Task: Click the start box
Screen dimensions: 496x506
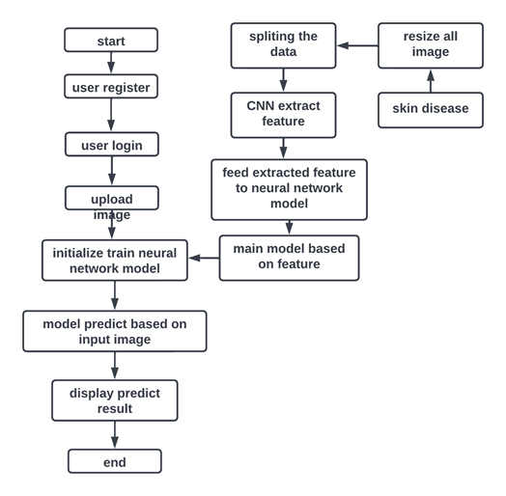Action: tap(111, 41)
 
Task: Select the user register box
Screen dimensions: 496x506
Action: tap(111, 87)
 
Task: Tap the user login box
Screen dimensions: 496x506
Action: tap(111, 145)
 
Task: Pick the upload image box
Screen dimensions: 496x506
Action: tap(111, 199)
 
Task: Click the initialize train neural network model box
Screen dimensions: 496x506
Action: tap(115, 261)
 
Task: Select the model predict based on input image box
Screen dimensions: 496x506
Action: tap(115, 331)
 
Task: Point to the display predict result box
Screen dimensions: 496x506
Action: tap(115, 400)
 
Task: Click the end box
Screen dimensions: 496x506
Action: tap(115, 462)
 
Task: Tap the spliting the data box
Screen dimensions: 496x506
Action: tap(283, 45)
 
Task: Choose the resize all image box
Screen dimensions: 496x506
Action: tap(430, 45)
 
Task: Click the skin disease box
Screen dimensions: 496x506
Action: tap(430, 108)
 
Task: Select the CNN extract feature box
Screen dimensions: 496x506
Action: tap(283, 115)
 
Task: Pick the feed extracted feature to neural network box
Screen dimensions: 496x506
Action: tap(289, 189)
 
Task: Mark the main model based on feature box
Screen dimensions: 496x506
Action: tap(289, 258)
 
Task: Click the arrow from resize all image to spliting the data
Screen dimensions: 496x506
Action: tap(357, 45)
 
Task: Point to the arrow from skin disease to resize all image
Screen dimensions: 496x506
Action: tap(431, 81)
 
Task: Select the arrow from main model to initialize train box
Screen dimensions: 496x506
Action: tap(204, 259)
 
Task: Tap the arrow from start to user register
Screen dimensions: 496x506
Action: tap(111, 63)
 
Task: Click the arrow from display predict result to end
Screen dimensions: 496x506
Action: tap(115, 435)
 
